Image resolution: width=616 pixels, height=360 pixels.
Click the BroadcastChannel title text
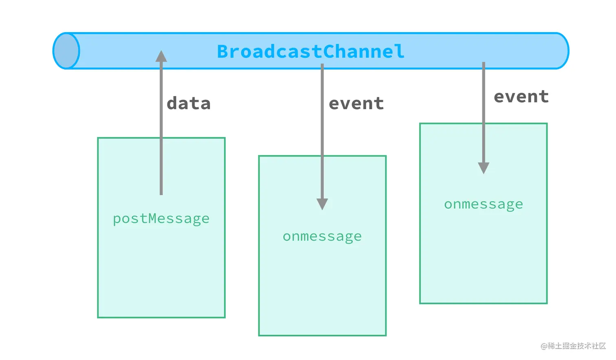tap(310, 52)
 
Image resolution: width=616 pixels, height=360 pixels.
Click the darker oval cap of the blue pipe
tap(66, 51)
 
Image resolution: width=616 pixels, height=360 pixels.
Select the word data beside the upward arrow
tap(189, 103)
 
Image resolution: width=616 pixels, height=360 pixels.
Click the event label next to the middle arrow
tap(356, 103)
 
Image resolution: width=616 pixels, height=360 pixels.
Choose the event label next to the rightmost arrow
tap(521, 97)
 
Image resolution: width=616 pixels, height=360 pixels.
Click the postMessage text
tap(161, 219)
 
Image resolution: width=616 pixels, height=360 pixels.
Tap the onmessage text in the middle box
tap(322, 237)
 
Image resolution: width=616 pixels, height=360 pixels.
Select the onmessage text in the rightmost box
tap(484, 204)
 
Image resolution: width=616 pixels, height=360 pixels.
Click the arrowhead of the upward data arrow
tap(161, 56)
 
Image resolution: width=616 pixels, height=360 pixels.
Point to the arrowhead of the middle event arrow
tap(322, 204)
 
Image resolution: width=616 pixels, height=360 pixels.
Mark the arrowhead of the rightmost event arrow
tap(484, 168)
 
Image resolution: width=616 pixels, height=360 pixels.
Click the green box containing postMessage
tap(161, 269)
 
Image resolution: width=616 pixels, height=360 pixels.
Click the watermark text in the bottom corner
tap(573, 346)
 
